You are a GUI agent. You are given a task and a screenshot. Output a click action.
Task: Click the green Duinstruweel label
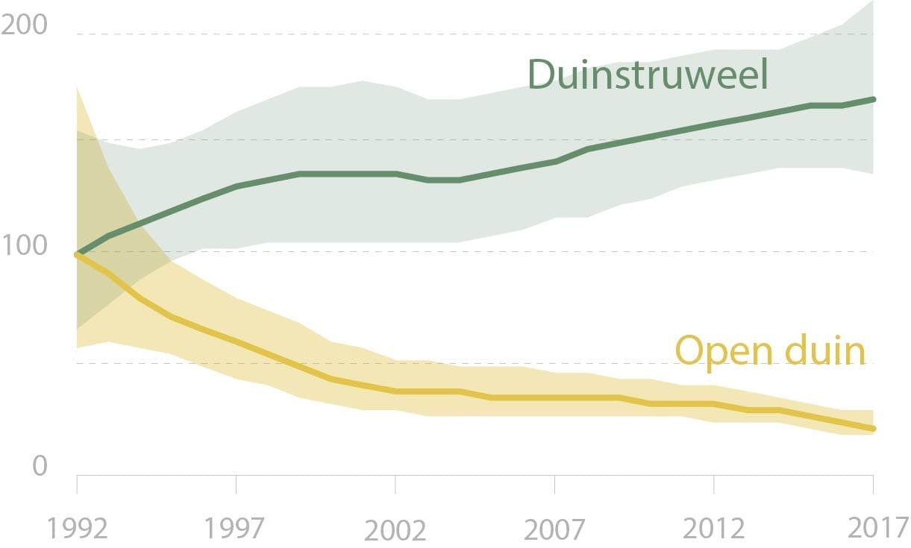tap(648, 75)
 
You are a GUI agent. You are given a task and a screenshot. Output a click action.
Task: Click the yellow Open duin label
tap(770, 350)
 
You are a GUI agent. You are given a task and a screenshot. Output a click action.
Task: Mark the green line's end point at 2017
tap(873, 99)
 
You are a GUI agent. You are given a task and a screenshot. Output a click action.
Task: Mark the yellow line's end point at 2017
tap(873, 429)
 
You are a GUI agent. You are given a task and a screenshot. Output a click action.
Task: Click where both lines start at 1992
tap(77, 254)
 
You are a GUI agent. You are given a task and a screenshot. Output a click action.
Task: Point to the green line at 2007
tap(554, 161)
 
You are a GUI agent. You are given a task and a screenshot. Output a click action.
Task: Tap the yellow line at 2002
tap(395, 391)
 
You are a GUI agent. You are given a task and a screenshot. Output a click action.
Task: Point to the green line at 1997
tap(236, 186)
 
